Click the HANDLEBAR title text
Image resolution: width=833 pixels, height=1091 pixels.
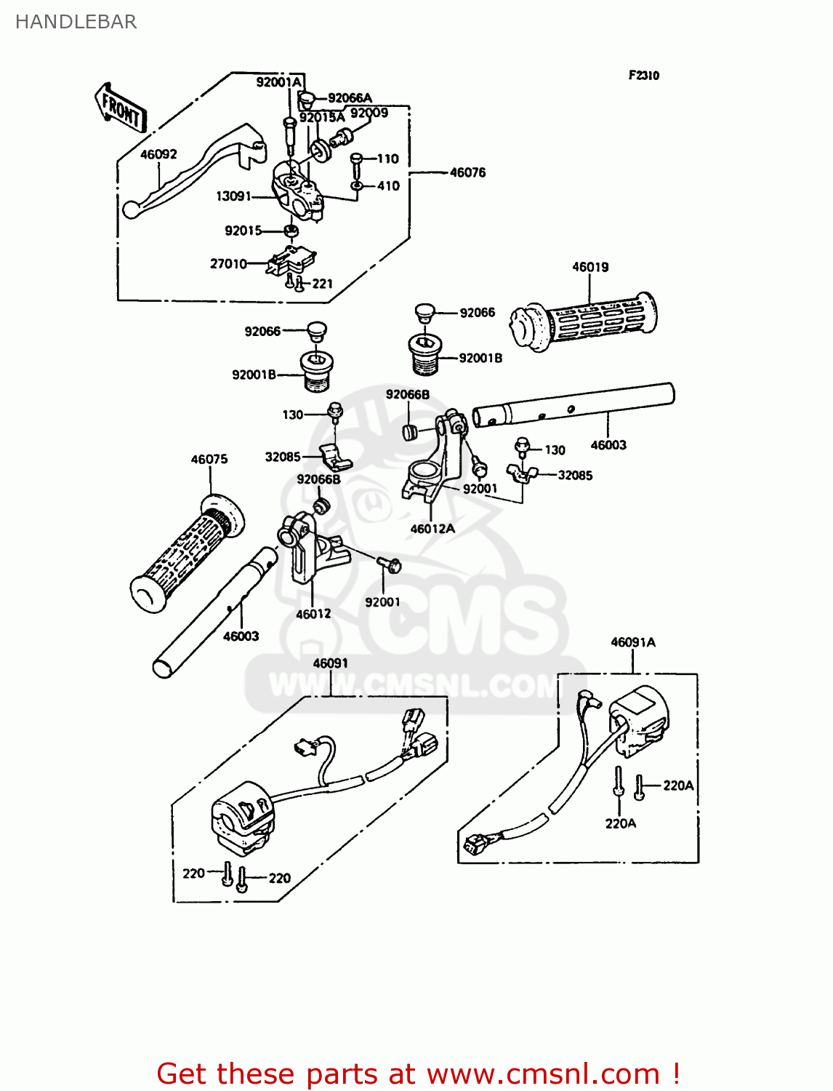pos(76,22)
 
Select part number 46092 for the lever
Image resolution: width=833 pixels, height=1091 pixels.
pos(158,154)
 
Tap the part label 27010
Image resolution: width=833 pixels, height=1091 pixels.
pos(228,263)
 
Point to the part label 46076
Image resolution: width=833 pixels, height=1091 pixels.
pos(467,172)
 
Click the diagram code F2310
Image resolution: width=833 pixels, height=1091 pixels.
pos(643,75)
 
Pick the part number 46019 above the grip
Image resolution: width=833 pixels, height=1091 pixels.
pos(590,267)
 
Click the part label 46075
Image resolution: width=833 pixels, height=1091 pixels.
pos(209,459)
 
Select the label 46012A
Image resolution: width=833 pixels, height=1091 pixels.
pos(432,529)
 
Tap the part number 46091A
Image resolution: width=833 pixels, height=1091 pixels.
pos(632,642)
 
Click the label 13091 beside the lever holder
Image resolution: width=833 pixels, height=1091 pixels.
pos(233,196)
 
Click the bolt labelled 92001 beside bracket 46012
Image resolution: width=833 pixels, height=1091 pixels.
pos(391,564)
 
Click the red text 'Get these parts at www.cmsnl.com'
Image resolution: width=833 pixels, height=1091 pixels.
pos(418,1074)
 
